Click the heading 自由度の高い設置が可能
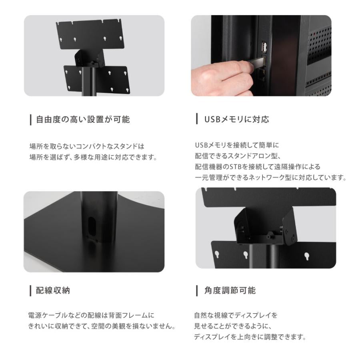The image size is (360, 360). click(83, 119)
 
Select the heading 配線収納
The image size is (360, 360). click(53, 291)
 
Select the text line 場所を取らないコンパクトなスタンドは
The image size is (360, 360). click(87, 146)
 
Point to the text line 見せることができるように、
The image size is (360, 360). click(235, 326)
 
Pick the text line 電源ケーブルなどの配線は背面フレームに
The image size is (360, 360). click(92, 316)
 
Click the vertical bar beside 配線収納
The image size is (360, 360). click(31, 291)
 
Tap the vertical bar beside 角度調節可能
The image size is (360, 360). click(197, 291)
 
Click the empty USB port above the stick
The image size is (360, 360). click(265, 48)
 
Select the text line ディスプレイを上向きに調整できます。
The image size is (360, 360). click(250, 337)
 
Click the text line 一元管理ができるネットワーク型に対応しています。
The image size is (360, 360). click(270, 177)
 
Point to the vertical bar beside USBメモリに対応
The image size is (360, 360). click(197, 119)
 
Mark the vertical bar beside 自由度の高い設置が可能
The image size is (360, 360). click(31, 119)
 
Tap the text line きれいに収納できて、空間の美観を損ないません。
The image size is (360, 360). click(102, 326)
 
